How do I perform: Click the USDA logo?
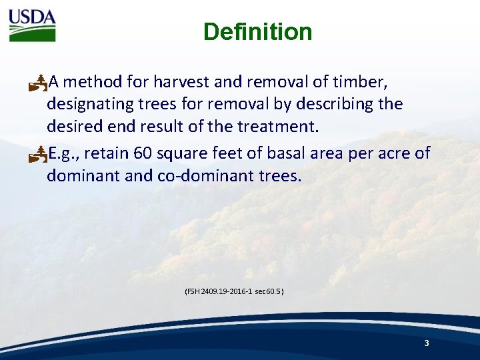(x=32, y=25)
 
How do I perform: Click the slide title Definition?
(x=257, y=32)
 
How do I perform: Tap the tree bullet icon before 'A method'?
(x=39, y=83)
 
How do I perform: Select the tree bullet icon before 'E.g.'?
(x=39, y=155)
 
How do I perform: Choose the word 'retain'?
(x=107, y=154)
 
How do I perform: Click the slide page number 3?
(x=426, y=343)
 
